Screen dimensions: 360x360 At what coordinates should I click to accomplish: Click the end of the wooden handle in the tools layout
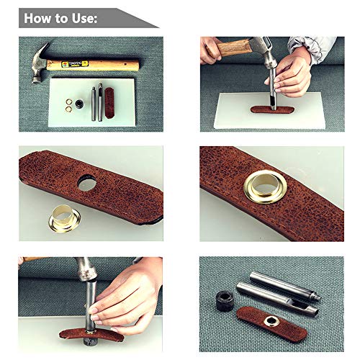click(134, 66)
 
